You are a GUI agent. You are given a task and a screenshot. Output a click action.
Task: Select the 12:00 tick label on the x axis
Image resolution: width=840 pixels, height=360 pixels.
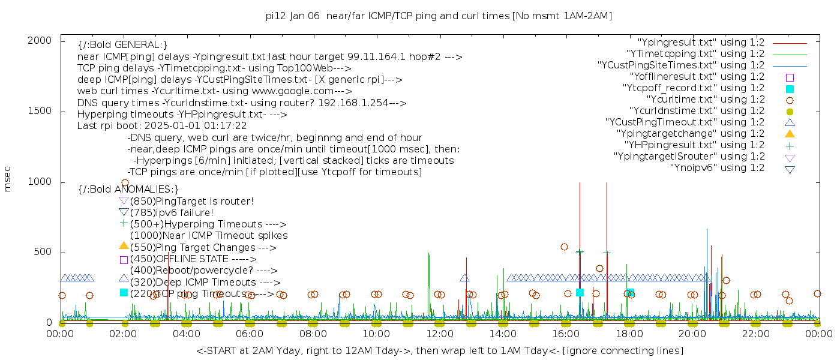click(440, 334)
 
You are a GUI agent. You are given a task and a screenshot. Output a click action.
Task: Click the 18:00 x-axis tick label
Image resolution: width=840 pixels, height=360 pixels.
click(629, 334)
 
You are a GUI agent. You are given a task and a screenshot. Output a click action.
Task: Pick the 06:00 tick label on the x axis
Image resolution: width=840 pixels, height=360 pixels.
click(250, 334)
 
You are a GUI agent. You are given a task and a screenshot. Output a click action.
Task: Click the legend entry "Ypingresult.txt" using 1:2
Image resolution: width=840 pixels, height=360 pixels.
click(701, 43)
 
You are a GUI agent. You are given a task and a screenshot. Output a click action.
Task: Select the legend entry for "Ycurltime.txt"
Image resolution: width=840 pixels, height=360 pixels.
click(705, 100)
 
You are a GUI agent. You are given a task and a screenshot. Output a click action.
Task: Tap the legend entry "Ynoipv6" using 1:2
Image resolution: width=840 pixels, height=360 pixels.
click(717, 168)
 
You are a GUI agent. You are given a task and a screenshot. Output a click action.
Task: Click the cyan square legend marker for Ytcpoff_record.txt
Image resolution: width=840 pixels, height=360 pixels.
click(790, 89)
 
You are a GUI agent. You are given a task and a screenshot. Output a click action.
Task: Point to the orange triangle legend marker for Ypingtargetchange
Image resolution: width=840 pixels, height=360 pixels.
click(790, 134)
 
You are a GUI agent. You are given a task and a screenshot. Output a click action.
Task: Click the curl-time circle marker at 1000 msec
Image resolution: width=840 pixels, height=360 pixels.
click(125, 183)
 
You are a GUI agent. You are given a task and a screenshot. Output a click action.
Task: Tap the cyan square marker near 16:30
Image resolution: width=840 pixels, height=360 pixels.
click(580, 292)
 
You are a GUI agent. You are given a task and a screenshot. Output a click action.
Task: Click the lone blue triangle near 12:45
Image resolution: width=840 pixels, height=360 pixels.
click(464, 278)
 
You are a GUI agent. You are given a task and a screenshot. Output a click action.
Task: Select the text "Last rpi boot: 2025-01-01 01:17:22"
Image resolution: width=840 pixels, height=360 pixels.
click(162, 126)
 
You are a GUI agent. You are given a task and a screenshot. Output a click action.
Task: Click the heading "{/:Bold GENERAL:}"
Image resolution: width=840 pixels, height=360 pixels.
click(122, 45)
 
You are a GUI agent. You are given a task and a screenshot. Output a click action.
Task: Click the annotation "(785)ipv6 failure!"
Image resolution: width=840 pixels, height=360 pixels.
click(172, 213)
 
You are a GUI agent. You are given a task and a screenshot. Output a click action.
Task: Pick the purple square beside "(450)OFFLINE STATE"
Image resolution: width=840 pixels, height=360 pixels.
click(124, 260)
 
